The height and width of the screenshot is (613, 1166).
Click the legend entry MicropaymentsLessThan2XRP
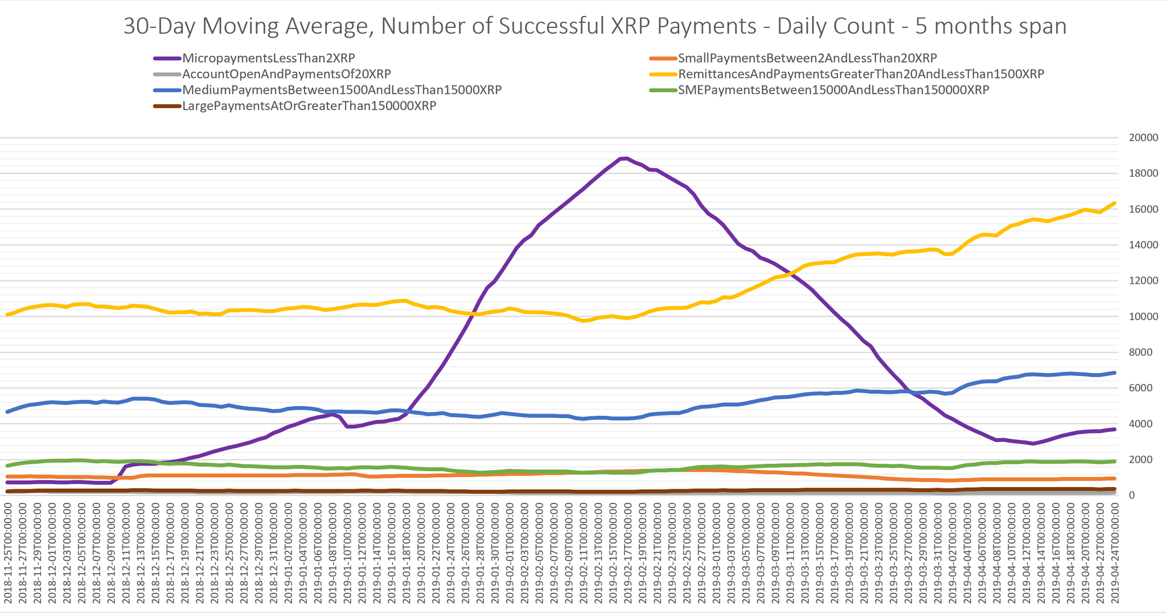point(268,58)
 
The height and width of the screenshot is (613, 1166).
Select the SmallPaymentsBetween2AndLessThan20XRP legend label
point(807,58)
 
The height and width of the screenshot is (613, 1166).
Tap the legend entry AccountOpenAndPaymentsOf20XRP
point(286,74)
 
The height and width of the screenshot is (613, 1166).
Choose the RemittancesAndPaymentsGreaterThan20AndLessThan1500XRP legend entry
point(860,74)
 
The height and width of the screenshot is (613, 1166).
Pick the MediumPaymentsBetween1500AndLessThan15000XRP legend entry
point(341,90)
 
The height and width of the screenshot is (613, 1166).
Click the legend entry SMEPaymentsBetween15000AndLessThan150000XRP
point(833,90)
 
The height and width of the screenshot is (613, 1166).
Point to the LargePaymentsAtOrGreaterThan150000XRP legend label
point(309,106)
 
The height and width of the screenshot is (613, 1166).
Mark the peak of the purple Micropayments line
point(626,158)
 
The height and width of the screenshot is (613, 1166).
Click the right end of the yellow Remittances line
point(1114,203)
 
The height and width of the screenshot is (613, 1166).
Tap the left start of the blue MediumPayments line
point(7,411)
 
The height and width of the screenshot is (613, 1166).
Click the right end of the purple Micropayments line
point(1114,429)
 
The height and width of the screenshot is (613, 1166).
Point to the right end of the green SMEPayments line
point(1114,461)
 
